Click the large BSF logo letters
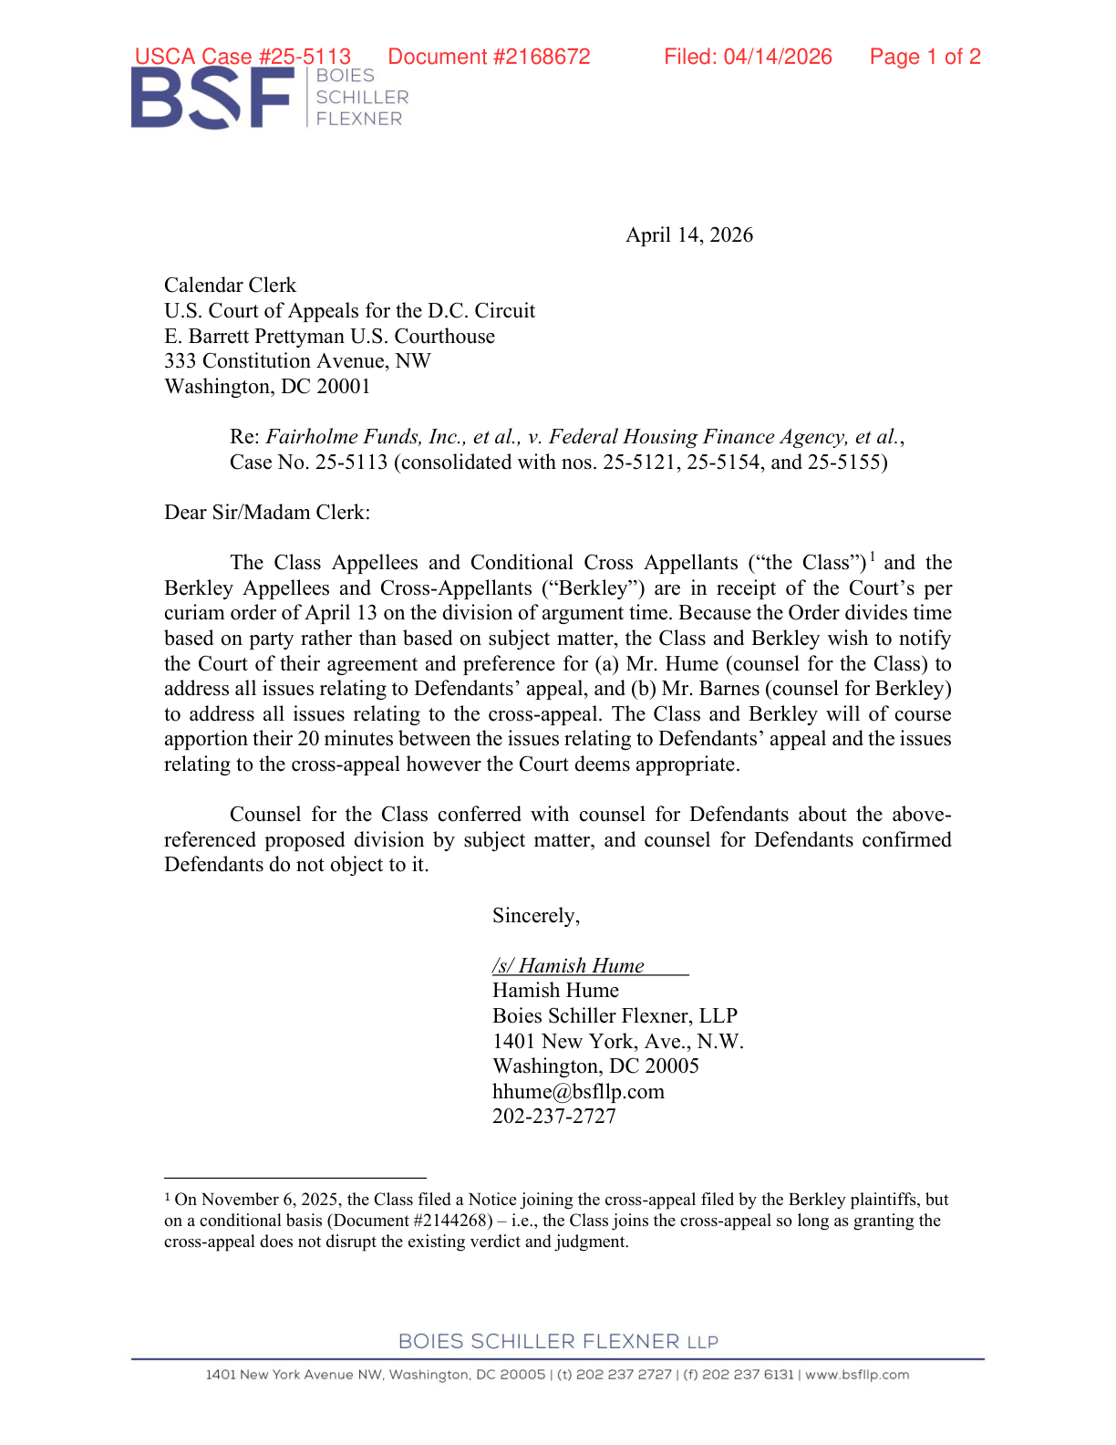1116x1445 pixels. click(212, 99)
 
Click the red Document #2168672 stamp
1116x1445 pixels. click(489, 57)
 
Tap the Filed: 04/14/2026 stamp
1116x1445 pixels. click(748, 57)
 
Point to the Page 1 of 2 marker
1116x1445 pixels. click(925, 57)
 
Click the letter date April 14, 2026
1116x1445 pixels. click(688, 235)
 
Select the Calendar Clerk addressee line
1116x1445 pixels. click(230, 286)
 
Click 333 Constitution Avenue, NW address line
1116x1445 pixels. click(297, 361)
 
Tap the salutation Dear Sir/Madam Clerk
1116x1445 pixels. click(266, 513)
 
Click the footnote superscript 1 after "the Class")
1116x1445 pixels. click(873, 556)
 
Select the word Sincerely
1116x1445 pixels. click(535, 916)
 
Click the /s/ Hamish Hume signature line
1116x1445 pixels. click(569, 966)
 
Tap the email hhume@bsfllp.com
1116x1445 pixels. click(578, 1092)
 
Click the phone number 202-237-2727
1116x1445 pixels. click(553, 1117)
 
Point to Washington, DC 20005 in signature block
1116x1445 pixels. click(595, 1066)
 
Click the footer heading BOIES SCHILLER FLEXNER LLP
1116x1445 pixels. click(558, 1342)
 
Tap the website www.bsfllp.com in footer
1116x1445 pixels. click(857, 1375)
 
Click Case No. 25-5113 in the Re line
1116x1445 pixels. click(308, 463)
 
